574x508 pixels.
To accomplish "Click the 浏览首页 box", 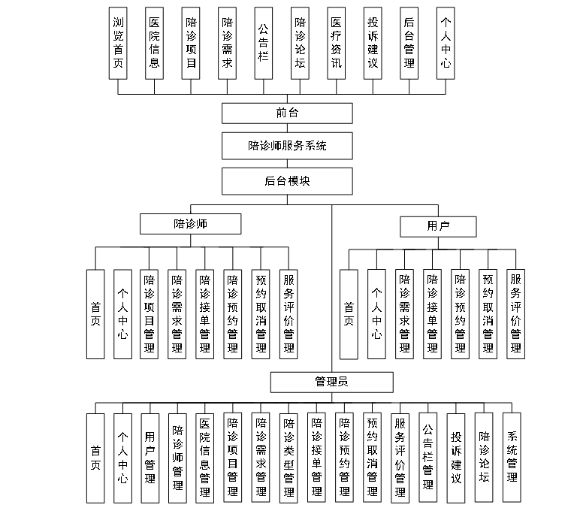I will pos(118,43).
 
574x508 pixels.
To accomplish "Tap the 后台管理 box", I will pos(409,43).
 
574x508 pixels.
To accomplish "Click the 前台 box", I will pos(287,113).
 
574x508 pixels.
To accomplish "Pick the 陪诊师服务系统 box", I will pos(287,146).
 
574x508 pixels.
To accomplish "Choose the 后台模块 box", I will pos(287,181).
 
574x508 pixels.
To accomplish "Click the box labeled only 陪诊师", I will pos(191,224).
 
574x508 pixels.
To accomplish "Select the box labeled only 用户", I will pos(438,225).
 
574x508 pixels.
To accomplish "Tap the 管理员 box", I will pos(331,382).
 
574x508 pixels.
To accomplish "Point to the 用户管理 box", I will pos(150,458).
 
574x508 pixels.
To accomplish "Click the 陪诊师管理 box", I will pos(177,458).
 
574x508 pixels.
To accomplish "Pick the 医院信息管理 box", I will pos(204,458).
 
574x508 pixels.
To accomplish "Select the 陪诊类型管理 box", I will pos(289,458).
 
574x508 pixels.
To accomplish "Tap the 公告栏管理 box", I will pos(427,458).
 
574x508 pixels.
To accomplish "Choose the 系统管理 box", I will pos(512,458).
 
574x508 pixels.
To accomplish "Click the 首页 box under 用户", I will pos(349,313).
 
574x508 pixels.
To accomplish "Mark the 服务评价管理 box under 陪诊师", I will pos(289,313).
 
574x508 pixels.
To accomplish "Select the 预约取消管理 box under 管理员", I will pos(372,458).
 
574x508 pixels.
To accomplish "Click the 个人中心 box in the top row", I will pos(446,43).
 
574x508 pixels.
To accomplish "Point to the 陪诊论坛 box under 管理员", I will pos(484,458).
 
